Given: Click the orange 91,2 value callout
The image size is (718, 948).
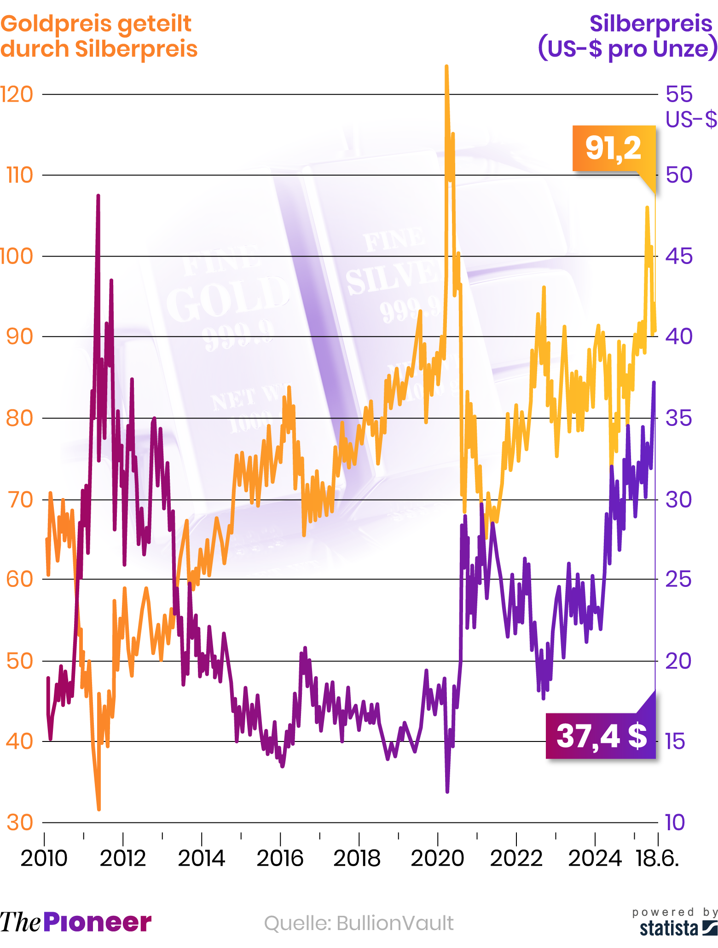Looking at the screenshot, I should [x=613, y=148].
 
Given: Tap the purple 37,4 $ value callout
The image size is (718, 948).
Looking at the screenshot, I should [x=601, y=736].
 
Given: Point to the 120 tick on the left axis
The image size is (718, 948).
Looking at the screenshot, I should [x=17, y=94].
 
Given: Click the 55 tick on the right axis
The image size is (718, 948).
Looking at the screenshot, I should [x=679, y=94].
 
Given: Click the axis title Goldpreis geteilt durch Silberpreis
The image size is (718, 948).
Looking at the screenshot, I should [x=99, y=36].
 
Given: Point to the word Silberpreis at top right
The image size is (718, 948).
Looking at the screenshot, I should [x=651, y=24].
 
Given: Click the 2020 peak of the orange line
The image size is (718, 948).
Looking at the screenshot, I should [x=446, y=67].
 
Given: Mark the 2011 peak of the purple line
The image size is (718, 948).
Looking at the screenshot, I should [x=98, y=196].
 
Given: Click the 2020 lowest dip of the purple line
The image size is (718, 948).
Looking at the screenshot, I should [x=447, y=792].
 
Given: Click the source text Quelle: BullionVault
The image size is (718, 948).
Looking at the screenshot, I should [x=359, y=923].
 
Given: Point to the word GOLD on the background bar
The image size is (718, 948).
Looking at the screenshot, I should [x=228, y=299].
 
